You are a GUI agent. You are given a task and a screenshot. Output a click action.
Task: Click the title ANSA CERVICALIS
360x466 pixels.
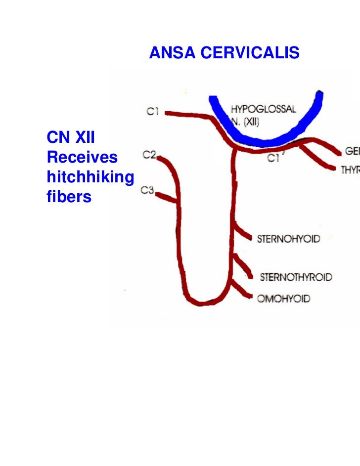tap(224, 52)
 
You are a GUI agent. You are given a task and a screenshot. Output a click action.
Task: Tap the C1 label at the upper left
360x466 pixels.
tap(152, 112)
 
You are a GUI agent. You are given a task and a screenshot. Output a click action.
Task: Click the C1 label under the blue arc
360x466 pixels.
tap(272, 158)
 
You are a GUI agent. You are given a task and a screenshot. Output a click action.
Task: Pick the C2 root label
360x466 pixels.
tap(149, 156)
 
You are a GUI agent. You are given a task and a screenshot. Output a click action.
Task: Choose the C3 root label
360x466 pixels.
tap(147, 190)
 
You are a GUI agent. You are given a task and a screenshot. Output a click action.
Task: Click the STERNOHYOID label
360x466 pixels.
tap(288, 239)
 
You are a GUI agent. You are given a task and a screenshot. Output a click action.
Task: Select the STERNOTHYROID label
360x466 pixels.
tap(295, 277)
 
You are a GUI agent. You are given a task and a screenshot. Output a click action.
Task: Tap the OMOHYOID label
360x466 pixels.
tap(283, 298)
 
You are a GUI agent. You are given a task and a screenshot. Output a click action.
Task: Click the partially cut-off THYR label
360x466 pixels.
tap(349, 169)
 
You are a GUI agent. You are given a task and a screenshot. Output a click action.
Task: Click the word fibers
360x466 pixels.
tap(69, 197)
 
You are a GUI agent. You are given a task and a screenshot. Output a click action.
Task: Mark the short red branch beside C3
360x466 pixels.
tap(167, 198)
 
